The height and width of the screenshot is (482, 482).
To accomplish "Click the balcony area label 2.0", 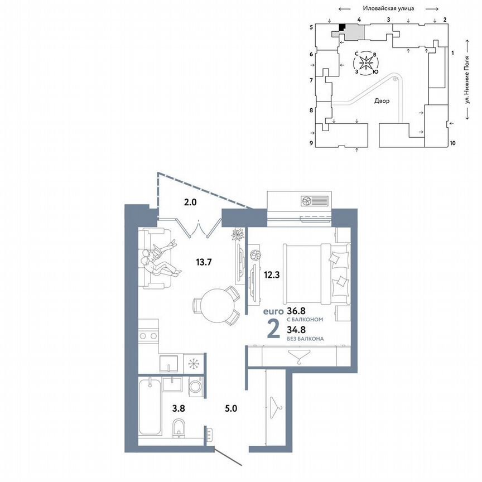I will [190, 203].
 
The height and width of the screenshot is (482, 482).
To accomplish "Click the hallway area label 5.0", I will [231, 408].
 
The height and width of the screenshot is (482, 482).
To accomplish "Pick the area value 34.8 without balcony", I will [296, 330].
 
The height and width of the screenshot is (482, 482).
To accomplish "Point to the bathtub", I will [149, 408].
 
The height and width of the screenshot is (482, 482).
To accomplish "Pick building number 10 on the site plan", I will [452, 143].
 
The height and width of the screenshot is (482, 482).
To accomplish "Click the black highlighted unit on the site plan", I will [342, 26].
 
